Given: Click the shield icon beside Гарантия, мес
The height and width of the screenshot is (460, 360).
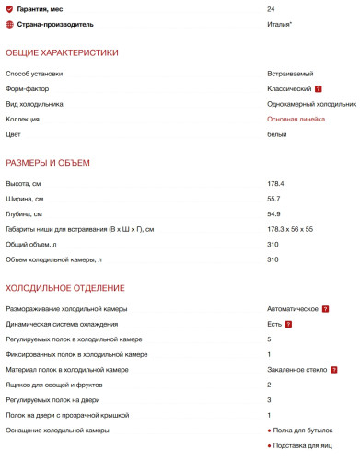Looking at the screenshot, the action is point(10,8).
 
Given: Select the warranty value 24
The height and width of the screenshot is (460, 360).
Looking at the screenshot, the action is point(271,8).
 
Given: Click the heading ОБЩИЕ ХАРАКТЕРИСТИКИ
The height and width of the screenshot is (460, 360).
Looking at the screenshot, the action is point(62,52).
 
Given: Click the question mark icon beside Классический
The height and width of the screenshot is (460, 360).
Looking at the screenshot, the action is point(319,89).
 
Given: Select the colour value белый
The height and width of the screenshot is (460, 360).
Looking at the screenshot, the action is point(277,135).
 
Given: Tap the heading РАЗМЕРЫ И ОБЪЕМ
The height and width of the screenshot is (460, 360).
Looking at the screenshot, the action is point(48,164).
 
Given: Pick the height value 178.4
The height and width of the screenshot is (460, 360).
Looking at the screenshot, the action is point(275,184).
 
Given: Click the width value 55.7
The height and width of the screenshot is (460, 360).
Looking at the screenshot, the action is point(273,199).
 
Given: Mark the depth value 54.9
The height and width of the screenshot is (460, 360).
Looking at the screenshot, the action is point(273,214).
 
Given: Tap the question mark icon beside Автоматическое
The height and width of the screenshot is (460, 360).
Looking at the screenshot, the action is point(326,308).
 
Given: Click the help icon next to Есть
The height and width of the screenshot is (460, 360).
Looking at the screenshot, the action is point(289,324).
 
